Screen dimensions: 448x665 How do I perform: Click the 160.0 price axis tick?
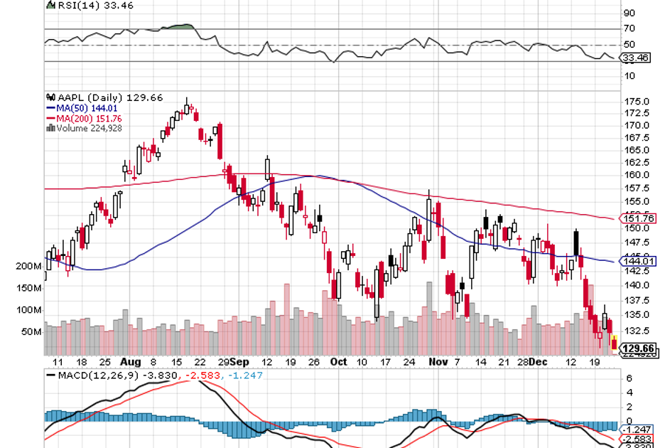[x=636, y=175]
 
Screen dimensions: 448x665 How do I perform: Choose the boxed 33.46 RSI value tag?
[x=637, y=58]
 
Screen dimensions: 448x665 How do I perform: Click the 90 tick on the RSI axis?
[x=629, y=13]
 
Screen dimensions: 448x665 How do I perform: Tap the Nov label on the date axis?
[x=438, y=361]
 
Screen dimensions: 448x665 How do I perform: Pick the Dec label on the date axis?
[x=539, y=361]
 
